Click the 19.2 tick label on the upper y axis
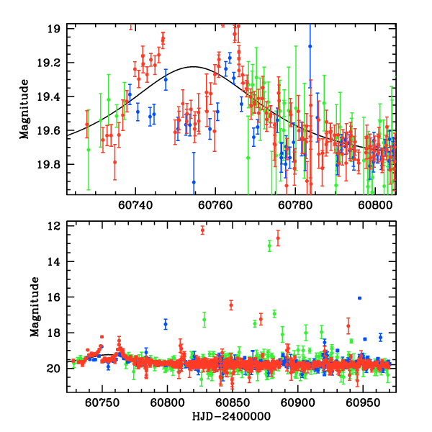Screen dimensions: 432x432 (x=52, y=63)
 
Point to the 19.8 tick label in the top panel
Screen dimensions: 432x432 (x=52, y=164)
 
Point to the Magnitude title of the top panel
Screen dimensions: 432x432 (x=24, y=109)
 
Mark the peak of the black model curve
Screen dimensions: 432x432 (x=193, y=67)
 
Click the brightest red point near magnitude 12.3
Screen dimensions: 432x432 (x=202, y=230)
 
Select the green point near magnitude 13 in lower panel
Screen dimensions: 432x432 (x=270, y=246)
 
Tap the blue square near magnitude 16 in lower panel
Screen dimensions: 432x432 (x=359, y=298)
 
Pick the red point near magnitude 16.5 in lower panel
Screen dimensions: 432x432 (x=231, y=305)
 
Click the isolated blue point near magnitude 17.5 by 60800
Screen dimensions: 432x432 (x=166, y=324)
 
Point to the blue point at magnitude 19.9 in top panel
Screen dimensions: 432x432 (x=194, y=182)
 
